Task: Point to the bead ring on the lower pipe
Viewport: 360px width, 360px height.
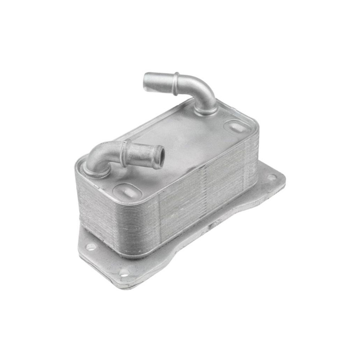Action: [x=125, y=153]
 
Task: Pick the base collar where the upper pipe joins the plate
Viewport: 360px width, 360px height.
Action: [x=205, y=110]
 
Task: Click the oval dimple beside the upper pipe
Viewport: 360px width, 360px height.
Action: [x=235, y=127]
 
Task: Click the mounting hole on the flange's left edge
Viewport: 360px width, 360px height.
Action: [x=91, y=247]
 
